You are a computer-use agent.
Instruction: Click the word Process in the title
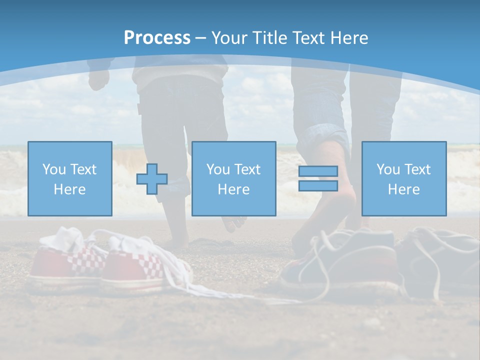tap(157, 38)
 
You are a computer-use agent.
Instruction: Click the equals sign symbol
tap(318, 178)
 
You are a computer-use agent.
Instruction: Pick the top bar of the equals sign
tap(318, 171)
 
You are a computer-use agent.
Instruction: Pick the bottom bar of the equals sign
tap(318, 185)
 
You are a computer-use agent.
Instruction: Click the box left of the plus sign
tap(70, 178)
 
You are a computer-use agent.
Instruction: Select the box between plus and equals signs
tap(233, 178)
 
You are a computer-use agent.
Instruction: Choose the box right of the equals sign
tap(403, 178)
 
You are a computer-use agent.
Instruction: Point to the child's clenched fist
tap(98, 80)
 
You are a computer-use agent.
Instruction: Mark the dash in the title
tap(200, 38)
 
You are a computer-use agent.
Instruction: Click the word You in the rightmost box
tap(388, 169)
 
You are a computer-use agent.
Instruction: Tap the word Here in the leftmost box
tap(69, 189)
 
